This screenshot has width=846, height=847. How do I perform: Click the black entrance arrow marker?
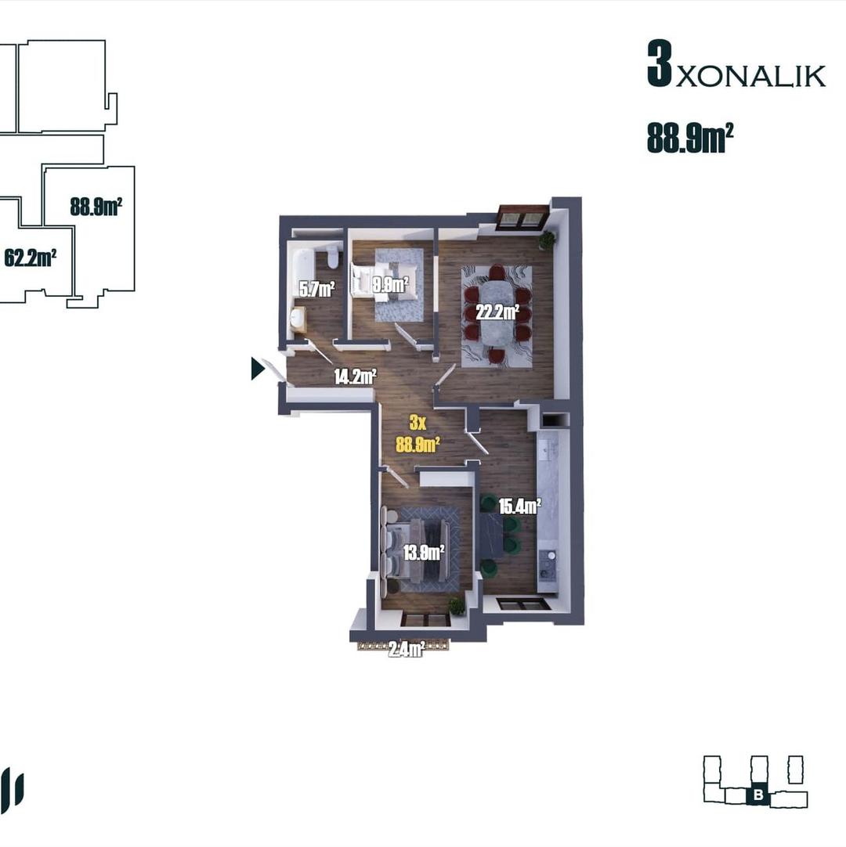point(257,369)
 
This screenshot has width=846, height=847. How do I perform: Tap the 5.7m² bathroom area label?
point(317,289)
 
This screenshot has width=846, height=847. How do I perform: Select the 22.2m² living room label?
point(497,312)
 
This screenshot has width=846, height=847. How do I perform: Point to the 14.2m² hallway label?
point(355,376)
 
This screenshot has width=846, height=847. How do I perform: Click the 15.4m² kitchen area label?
point(519,506)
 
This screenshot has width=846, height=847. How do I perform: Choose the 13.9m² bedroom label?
point(424,553)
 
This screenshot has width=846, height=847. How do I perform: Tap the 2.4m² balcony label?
point(406,649)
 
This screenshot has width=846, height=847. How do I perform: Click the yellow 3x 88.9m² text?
point(418,434)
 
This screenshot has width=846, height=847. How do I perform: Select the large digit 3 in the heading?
point(660,63)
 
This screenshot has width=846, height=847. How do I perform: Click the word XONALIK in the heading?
point(750,76)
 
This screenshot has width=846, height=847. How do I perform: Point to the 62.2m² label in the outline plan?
point(31,258)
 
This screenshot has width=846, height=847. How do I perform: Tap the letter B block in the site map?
point(758,795)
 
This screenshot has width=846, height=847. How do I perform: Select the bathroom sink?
point(298,319)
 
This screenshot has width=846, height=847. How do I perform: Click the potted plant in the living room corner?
point(547,240)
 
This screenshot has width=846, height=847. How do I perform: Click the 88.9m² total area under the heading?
point(690,138)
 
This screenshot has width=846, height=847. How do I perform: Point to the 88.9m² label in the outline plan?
point(96,207)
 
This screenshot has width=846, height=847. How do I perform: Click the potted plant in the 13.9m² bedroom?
point(457,605)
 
